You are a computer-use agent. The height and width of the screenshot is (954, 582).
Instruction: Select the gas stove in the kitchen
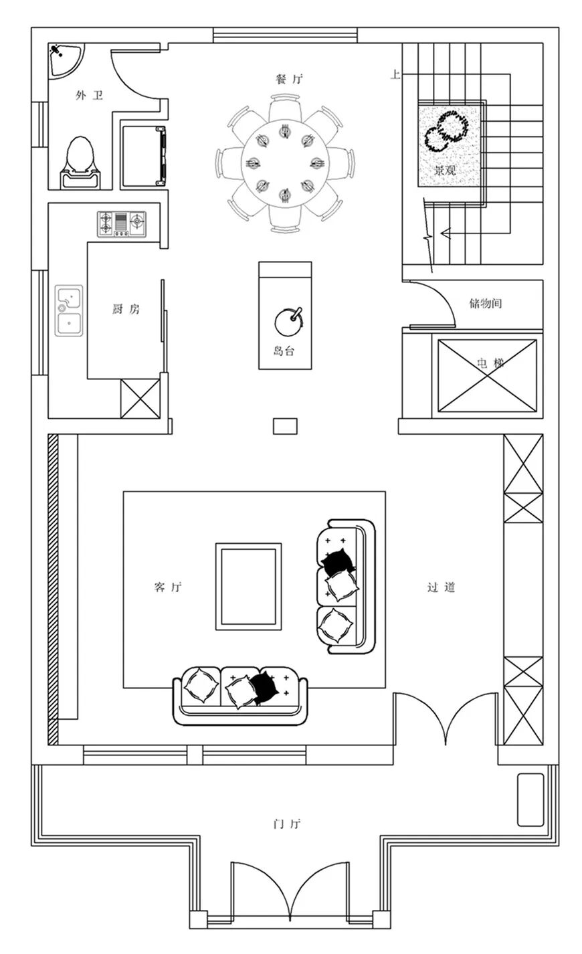click(x=122, y=224)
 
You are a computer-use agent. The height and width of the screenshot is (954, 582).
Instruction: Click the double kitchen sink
click(x=70, y=310)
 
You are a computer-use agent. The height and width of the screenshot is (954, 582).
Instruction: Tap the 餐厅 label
click(x=289, y=79)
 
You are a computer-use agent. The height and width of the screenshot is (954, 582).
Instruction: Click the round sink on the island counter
click(x=288, y=322)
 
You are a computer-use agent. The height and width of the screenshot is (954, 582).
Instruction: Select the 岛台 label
click(x=284, y=351)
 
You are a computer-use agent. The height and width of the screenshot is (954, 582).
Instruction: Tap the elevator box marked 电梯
click(x=487, y=376)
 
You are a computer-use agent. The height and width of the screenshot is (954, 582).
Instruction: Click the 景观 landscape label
click(x=446, y=170)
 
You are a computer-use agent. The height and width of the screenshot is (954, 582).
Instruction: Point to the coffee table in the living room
click(x=248, y=586)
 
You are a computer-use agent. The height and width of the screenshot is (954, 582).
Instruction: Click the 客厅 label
click(x=167, y=587)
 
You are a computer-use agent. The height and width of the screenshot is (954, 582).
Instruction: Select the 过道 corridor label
click(x=442, y=587)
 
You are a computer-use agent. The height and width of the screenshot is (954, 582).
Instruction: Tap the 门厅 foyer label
click(x=286, y=824)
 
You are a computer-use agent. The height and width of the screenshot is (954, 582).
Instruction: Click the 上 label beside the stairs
click(x=395, y=75)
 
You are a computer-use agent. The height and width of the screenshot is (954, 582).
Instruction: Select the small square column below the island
click(x=285, y=425)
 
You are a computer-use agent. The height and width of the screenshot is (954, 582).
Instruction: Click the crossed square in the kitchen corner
click(x=140, y=399)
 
